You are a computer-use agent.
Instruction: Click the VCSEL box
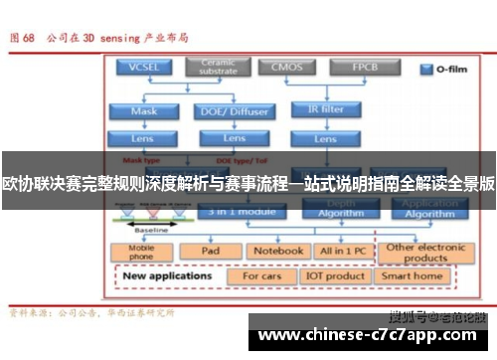point(143,68)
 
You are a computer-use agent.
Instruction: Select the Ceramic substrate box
point(220,68)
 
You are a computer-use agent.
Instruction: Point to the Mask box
point(143,110)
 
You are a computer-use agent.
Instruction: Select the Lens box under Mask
point(143,137)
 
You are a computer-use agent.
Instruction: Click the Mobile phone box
point(142,252)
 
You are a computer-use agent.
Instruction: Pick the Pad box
point(210,252)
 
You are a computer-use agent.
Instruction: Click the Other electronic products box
point(426,253)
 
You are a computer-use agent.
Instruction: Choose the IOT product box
point(335,275)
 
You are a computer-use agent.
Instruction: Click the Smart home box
point(413,275)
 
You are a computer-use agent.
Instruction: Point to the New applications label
point(169,275)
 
